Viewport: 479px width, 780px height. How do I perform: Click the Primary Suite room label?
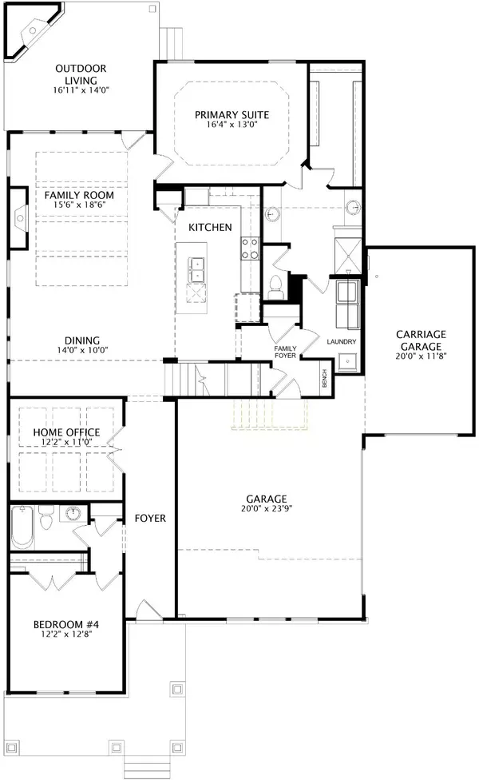232,115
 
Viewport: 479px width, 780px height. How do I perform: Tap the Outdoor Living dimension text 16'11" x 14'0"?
81,90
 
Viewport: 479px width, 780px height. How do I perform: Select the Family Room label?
79,195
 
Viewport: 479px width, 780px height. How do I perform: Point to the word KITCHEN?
210,227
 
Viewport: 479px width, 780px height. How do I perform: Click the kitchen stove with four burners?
250,249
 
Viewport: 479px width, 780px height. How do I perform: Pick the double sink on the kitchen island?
196,269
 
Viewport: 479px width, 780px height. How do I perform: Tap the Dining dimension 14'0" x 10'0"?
82,350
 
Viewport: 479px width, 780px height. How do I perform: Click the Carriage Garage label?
421,340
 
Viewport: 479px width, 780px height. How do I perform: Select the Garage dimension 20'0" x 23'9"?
267,508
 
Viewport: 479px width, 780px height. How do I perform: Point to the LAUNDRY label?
342,342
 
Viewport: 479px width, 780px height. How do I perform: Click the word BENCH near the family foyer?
324,378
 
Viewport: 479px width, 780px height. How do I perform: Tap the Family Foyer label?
285,352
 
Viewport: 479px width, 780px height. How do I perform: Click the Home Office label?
66,432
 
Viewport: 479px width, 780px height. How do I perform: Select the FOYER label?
150,519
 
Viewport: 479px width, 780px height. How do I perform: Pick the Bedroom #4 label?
66,624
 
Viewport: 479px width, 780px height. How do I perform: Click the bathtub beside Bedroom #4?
23,527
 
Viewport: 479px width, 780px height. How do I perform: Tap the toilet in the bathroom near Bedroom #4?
46,518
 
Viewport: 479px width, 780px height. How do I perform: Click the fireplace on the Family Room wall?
19,217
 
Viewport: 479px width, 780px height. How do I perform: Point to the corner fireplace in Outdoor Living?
31,30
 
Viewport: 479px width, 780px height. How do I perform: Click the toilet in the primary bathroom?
275,287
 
